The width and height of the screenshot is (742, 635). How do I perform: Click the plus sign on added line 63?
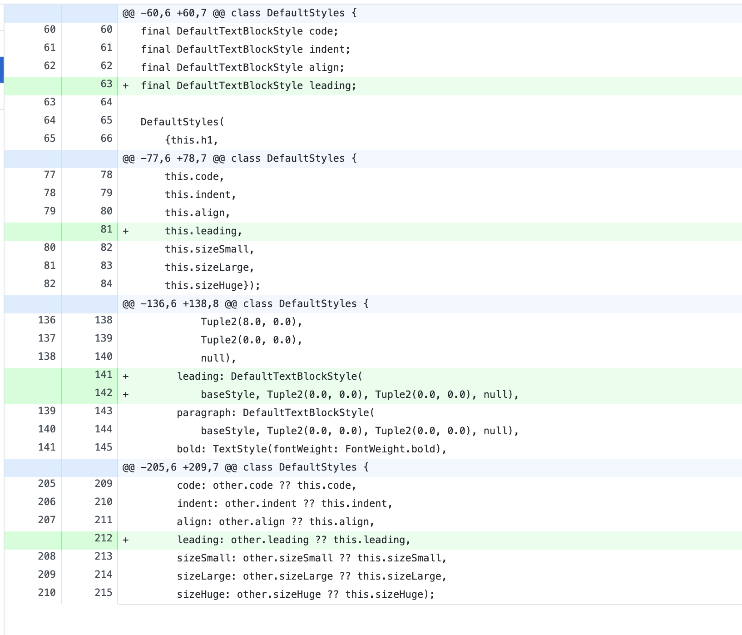126,86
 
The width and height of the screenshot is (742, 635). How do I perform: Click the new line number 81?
106,229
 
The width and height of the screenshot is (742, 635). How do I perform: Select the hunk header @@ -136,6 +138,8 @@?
245,304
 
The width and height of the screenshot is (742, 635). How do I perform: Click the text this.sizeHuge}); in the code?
213,286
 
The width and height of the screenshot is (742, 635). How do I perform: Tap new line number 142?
104,393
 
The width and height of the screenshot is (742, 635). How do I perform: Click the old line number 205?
47,484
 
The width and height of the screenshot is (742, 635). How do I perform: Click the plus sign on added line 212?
126,540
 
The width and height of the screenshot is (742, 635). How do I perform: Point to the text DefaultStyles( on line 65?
183,122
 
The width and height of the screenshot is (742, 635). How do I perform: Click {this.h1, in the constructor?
192,140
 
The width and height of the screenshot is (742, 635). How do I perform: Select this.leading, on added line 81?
203,231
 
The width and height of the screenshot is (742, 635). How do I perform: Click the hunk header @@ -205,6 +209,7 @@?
245,467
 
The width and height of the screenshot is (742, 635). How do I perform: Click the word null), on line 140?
218,358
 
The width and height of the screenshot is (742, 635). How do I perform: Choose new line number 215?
104,593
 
